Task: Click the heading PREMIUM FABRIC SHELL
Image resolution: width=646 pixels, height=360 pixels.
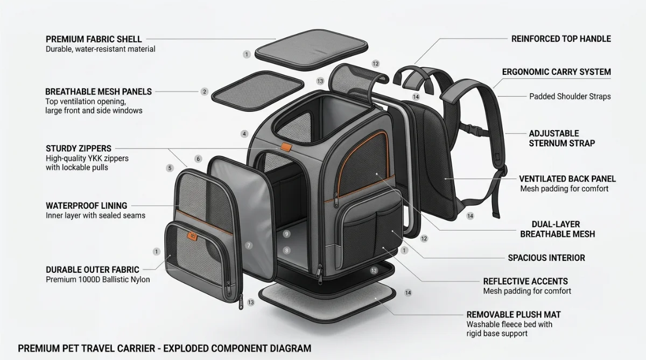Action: (x=94, y=39)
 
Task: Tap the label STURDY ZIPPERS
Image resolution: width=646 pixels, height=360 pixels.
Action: (x=79, y=149)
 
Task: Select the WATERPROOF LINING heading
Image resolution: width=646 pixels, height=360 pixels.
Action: (x=87, y=206)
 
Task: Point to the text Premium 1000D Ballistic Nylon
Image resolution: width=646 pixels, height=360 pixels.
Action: (x=98, y=280)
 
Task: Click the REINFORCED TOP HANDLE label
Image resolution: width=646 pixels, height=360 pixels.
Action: (x=561, y=39)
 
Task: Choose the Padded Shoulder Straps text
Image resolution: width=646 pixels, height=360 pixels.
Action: (x=570, y=96)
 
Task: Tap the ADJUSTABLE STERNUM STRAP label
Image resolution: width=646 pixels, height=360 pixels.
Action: (x=562, y=138)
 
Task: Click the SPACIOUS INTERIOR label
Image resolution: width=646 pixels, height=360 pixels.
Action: (x=546, y=258)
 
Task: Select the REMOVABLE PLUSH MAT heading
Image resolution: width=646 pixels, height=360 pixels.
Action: (x=514, y=314)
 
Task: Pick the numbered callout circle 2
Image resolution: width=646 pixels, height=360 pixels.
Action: (x=205, y=92)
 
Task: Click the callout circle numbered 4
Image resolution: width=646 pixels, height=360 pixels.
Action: (x=244, y=134)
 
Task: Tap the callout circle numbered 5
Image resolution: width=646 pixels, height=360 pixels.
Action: (x=170, y=168)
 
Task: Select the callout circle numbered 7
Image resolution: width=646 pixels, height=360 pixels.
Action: (x=249, y=245)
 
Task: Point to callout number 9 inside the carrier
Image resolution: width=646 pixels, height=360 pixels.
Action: (x=286, y=234)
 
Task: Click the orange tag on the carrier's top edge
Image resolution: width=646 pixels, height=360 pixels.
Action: (x=286, y=147)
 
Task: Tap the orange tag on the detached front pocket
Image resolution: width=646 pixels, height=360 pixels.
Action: (x=192, y=236)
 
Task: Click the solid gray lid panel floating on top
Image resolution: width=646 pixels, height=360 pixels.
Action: (x=312, y=50)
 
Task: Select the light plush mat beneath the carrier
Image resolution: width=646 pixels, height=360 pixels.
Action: (x=327, y=302)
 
